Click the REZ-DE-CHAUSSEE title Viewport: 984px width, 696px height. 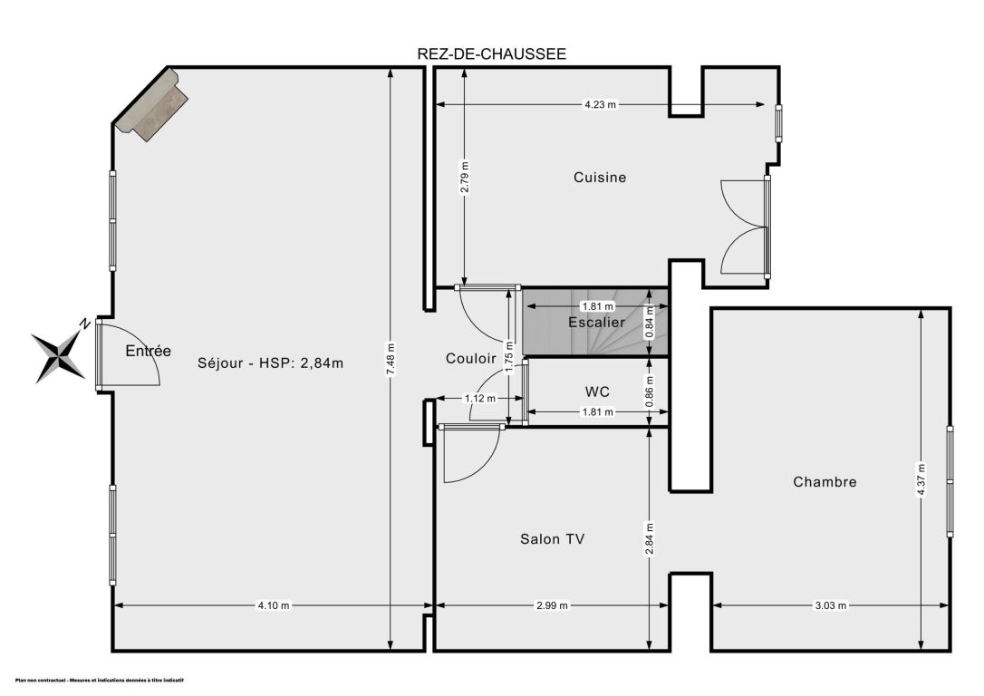[491, 54]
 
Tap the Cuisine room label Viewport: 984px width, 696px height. [600, 178]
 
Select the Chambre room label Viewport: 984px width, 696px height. [825, 482]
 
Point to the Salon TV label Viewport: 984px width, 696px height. [552, 539]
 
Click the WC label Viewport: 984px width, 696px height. [597, 392]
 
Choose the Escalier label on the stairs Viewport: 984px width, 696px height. [596, 323]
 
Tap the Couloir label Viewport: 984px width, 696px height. [470, 358]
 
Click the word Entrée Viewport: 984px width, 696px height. [148, 351]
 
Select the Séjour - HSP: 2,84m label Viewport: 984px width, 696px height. [271, 362]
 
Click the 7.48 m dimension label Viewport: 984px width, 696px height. [391, 359]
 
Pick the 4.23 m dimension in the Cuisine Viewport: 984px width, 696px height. [600, 105]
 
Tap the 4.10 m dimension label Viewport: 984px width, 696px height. [274, 605]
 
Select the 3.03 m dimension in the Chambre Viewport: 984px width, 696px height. [830, 605]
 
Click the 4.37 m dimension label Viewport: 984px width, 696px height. [921, 479]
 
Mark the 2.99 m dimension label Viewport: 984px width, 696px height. [552, 605]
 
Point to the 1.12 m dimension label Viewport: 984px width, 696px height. [480, 399]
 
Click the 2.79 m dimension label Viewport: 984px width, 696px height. [465, 179]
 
